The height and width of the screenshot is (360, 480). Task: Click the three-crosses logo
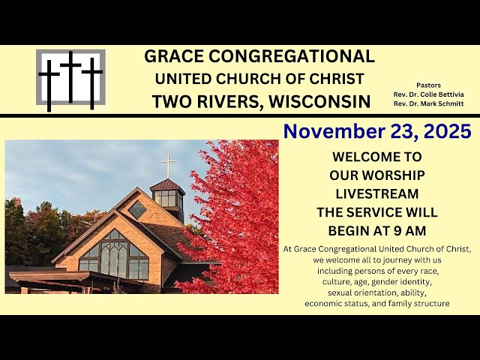(x=70, y=78)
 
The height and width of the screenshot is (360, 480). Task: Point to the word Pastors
(x=429, y=85)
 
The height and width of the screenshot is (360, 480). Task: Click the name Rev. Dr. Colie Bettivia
(x=429, y=94)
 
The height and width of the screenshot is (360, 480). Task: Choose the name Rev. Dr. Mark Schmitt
(x=429, y=103)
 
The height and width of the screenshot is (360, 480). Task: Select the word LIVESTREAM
(x=377, y=193)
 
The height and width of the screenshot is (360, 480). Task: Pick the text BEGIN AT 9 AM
(x=377, y=231)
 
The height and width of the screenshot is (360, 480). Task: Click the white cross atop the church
(x=168, y=164)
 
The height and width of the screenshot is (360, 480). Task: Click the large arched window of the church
(x=115, y=256)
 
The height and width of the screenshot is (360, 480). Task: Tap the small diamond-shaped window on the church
(x=137, y=210)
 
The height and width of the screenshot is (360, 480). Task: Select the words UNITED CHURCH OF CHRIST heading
(x=260, y=79)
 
